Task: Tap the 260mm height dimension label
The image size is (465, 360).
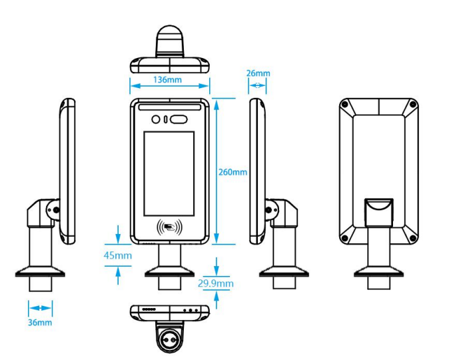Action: coord(232,172)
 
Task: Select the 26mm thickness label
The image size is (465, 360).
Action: coord(258,73)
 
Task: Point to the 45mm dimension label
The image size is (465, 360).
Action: coord(118,255)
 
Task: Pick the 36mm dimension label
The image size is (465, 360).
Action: coord(40,323)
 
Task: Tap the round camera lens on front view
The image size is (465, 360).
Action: coord(157,120)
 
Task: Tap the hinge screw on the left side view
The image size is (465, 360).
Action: coord(56,210)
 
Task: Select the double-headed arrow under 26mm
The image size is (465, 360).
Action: coord(257,85)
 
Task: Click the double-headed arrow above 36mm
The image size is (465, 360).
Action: coord(40,308)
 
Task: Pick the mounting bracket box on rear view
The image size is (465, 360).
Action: coord(378,213)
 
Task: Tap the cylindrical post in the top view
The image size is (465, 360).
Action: coord(169,41)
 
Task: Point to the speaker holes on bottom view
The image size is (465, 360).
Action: coord(149,310)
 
